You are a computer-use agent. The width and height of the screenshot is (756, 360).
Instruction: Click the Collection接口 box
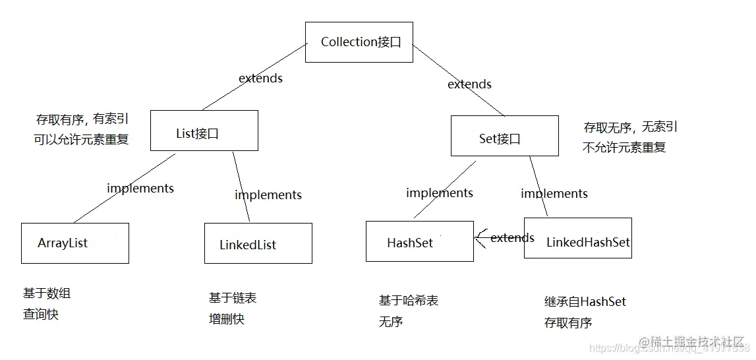[x=359, y=42]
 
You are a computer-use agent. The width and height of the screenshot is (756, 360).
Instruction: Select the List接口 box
[x=204, y=131]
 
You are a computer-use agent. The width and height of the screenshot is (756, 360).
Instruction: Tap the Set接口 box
[x=504, y=136]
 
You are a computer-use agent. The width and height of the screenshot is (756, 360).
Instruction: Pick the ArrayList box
[x=74, y=243]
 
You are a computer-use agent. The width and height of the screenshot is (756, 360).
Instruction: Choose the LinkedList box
[x=258, y=244]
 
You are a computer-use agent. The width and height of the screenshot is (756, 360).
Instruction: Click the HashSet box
[x=419, y=241]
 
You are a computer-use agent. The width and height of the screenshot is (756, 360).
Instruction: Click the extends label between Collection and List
[x=260, y=78]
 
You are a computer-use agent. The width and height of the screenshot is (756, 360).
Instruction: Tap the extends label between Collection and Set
[x=469, y=84]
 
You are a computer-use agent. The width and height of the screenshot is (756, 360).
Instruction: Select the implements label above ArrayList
[x=140, y=189]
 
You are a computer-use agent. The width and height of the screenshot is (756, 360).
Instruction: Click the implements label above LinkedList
[x=268, y=195]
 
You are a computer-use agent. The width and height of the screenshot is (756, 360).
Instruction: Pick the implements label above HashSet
[x=440, y=193]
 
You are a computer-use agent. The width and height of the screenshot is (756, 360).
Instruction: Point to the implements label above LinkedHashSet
[x=554, y=194]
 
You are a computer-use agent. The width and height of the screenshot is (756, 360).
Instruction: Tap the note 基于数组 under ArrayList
[x=47, y=293]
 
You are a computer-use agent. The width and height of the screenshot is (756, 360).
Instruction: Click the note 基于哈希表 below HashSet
[x=409, y=301]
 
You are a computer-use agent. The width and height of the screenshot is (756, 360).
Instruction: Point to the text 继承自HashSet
[x=585, y=302]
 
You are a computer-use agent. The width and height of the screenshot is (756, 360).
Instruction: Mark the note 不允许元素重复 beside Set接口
[x=624, y=148]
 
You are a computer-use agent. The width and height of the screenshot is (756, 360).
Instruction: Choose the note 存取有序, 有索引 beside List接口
[x=82, y=119]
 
